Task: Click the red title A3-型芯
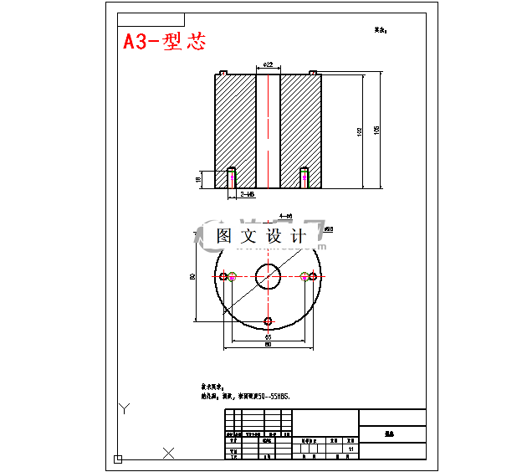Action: (x=164, y=42)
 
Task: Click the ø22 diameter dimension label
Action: (x=268, y=64)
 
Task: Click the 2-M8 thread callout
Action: (x=248, y=194)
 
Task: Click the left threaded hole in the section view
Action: (x=232, y=177)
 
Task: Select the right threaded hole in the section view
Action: (x=304, y=177)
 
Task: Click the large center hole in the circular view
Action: (x=269, y=274)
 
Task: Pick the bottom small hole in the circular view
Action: (x=269, y=321)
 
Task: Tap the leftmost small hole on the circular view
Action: (x=224, y=275)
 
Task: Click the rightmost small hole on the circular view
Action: (x=313, y=275)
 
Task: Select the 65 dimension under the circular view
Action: (x=268, y=337)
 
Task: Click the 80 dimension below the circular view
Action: (x=268, y=345)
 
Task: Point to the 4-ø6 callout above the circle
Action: (x=284, y=215)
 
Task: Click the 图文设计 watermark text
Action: (x=261, y=236)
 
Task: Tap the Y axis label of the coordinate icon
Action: (x=123, y=409)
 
